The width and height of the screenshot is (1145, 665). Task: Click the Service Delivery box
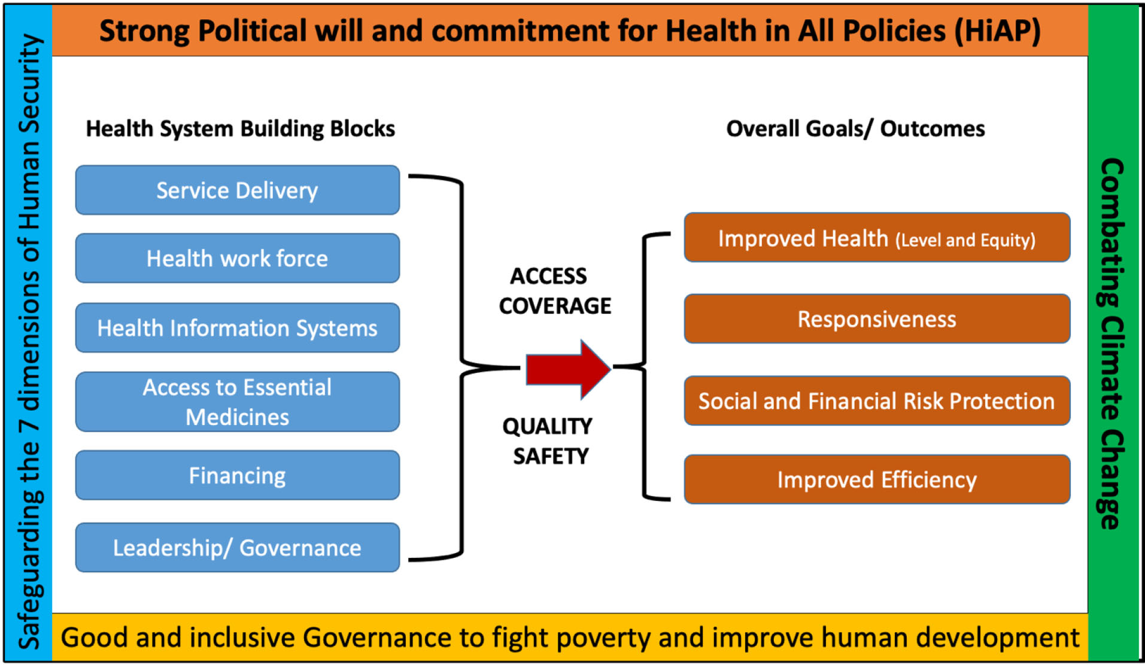[x=238, y=190]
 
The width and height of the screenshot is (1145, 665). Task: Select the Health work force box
[x=238, y=258]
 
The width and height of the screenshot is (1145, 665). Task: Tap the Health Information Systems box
[x=238, y=327]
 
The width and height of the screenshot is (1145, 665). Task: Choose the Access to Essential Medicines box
[x=238, y=402]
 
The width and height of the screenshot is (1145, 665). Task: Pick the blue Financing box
[x=238, y=475]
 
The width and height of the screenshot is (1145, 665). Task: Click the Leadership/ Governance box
[x=238, y=547]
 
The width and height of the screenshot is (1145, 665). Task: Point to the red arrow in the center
[x=568, y=369]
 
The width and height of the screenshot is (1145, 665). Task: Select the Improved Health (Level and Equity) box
[x=877, y=238]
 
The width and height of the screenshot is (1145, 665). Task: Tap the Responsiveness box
[x=877, y=318]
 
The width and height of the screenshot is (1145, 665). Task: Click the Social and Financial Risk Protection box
[x=877, y=400]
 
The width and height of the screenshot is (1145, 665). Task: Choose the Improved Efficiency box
[x=877, y=479]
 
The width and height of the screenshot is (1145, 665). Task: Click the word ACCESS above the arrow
[x=548, y=276]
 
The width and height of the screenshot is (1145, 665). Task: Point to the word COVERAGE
[x=555, y=306]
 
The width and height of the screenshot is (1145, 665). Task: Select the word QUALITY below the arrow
[x=547, y=426]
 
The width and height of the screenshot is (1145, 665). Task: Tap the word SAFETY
[x=551, y=456]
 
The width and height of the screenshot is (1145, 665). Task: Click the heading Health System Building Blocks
[x=240, y=129]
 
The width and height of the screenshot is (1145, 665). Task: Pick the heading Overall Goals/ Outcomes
[x=855, y=129]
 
